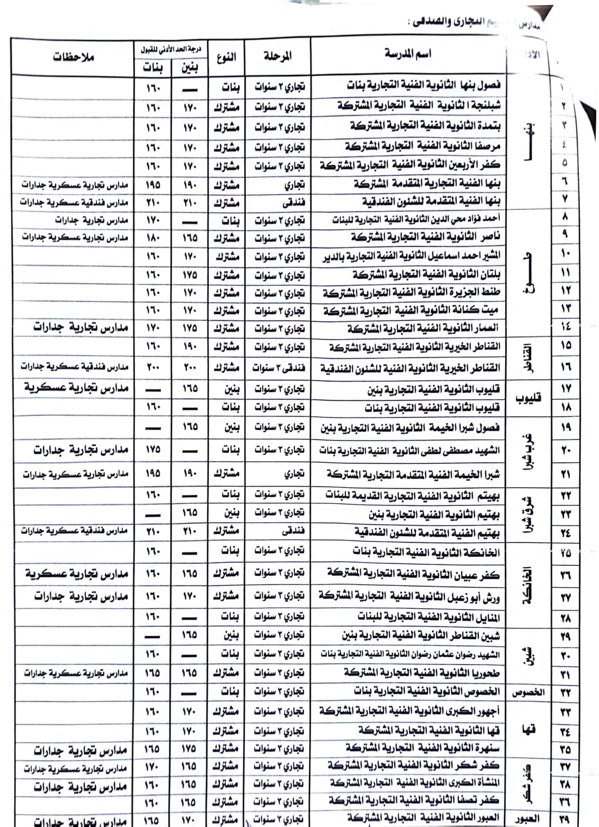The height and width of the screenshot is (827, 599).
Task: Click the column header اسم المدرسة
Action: pyautogui.click(x=408, y=54)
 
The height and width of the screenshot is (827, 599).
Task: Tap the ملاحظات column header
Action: pyautogui.click(x=74, y=57)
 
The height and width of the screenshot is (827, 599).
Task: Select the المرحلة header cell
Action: pyautogui.click(x=277, y=56)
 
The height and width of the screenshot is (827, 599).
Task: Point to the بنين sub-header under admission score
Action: pyautogui.click(x=189, y=68)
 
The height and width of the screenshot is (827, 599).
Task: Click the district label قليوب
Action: pyautogui.click(x=528, y=398)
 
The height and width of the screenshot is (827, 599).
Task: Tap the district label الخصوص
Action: pyautogui.click(x=528, y=693)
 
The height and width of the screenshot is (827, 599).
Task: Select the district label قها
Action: pyautogui.click(x=528, y=730)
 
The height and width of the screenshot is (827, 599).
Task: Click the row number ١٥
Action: pyautogui.click(x=565, y=346)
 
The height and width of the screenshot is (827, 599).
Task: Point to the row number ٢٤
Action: pyautogui.click(x=565, y=533)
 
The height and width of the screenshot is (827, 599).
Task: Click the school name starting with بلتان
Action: pyautogui.click(x=426, y=274)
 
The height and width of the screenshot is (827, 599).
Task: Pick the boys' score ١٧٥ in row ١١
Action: pyautogui.click(x=189, y=274)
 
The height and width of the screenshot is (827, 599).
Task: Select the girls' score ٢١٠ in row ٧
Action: pyautogui.click(x=153, y=203)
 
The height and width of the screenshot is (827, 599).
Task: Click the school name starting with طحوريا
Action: pyautogui.click(x=422, y=673)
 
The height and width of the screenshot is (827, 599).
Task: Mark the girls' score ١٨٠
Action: pyautogui.click(x=153, y=238)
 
